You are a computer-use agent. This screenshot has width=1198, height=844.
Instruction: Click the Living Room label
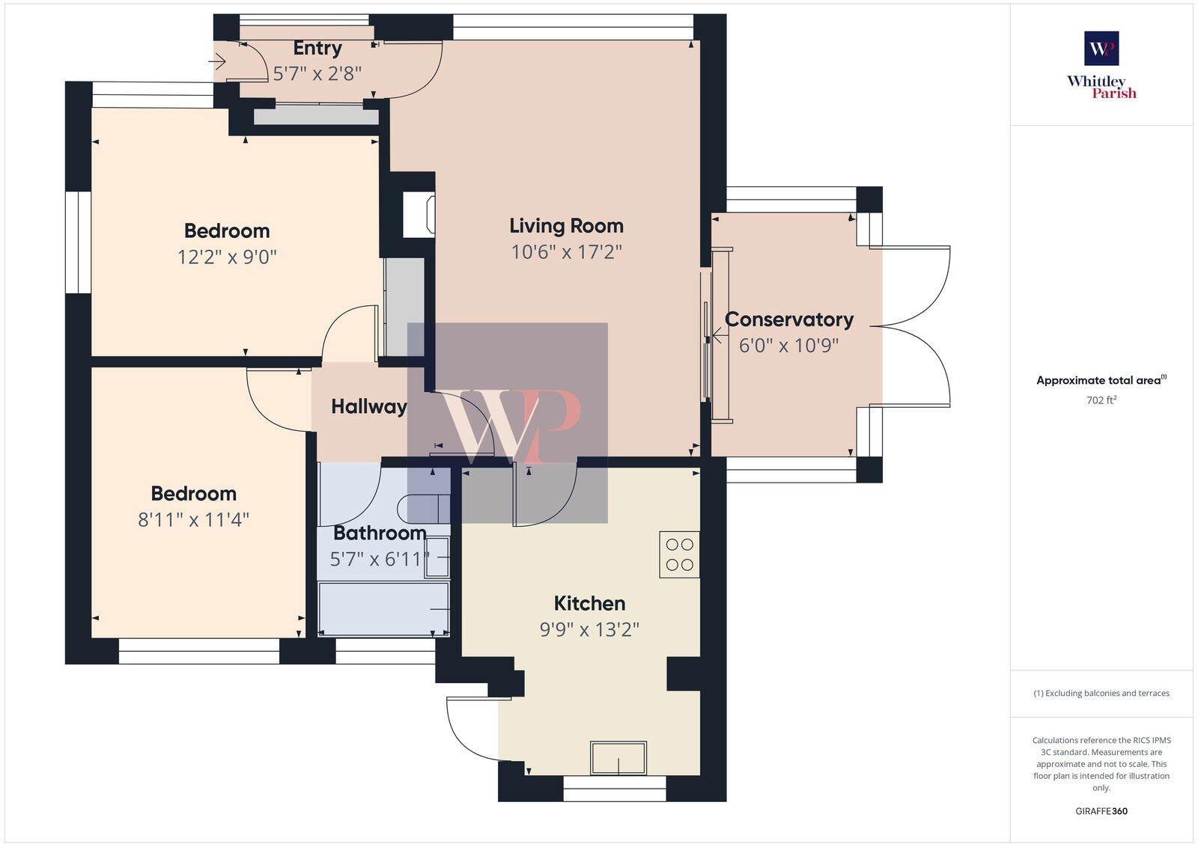(566, 226)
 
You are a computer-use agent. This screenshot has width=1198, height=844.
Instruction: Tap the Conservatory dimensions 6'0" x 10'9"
(788, 346)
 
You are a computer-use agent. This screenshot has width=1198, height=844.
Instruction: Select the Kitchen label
(589, 603)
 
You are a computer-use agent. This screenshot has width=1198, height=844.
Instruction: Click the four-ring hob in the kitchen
(679, 554)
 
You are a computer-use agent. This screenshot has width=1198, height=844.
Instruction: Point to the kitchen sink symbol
(618, 758)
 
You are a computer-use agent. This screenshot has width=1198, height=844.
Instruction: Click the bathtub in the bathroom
(383, 609)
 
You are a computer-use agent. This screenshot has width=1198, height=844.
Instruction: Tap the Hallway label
(368, 406)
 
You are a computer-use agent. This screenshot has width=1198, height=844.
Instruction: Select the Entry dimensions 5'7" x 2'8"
(317, 73)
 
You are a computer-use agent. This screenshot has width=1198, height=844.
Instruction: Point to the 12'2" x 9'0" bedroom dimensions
(227, 257)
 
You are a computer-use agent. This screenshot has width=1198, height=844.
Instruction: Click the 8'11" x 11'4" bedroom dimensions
(193, 519)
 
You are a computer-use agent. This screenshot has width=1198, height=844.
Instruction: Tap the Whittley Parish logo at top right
(1101, 66)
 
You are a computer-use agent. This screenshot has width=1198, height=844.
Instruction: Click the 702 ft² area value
(1101, 400)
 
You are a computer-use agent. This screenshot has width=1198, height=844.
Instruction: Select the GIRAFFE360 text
(1101, 811)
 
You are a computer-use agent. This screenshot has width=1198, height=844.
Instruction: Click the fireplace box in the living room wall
(419, 215)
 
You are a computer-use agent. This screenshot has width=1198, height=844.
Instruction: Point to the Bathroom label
(379, 533)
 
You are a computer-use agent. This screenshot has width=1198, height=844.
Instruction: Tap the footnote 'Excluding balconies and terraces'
(1101, 694)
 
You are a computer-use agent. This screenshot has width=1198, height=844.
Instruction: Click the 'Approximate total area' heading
(1099, 381)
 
